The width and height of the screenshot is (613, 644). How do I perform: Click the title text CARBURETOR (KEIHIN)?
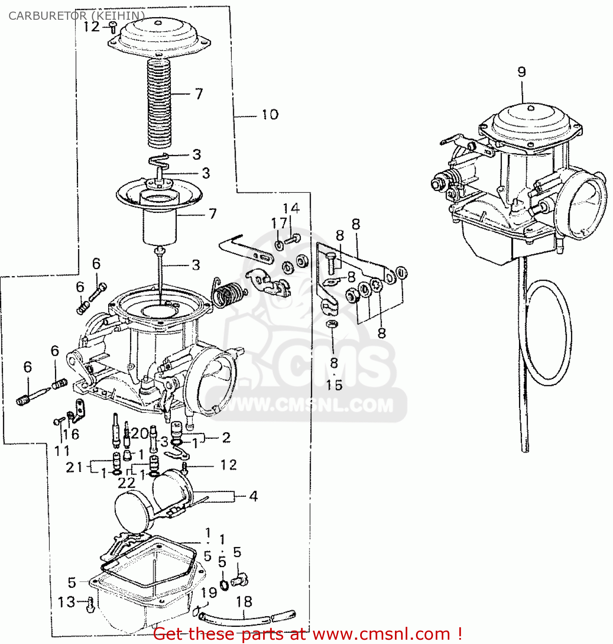(76, 16)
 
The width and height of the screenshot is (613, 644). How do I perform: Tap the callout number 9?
(522, 72)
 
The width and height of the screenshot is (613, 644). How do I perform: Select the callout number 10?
(270, 115)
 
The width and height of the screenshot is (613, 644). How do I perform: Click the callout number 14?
(291, 209)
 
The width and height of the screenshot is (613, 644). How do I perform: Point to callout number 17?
(279, 223)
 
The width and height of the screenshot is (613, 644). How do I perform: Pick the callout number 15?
(334, 385)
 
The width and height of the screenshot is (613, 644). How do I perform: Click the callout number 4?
(253, 496)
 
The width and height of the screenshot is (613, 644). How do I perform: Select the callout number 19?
(209, 592)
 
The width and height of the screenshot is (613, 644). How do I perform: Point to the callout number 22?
(126, 483)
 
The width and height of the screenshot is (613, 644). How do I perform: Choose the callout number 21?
(74, 467)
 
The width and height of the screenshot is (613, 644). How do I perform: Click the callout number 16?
(71, 434)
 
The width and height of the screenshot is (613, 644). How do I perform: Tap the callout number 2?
(226, 437)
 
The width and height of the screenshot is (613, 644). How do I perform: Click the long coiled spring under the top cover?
(160, 103)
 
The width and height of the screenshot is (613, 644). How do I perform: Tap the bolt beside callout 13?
(90, 605)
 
